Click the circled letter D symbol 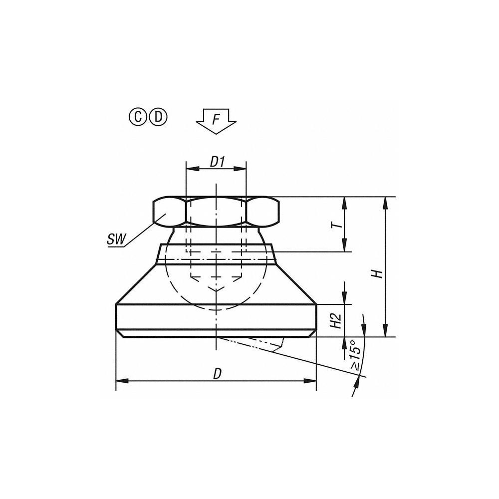(x=158, y=117)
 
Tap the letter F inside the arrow (x=216, y=119)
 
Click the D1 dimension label (x=217, y=162)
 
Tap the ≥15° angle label (x=355, y=355)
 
